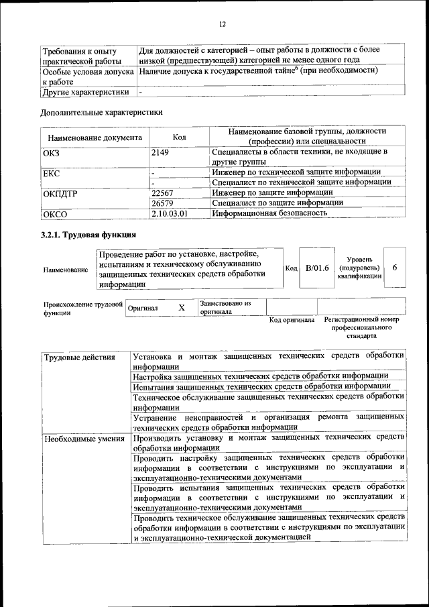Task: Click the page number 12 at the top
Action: coord(222,24)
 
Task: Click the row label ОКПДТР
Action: coord(62,193)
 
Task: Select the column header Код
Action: coord(179,137)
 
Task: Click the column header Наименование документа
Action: coord(95,137)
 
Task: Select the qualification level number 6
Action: coord(395,268)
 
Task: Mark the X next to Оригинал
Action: coord(181,307)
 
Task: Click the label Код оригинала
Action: coord(292,320)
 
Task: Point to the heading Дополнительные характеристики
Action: coord(101,113)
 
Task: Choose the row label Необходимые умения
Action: coord(78,439)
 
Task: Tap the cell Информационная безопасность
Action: coord(269,213)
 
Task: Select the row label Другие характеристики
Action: coord(85,92)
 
